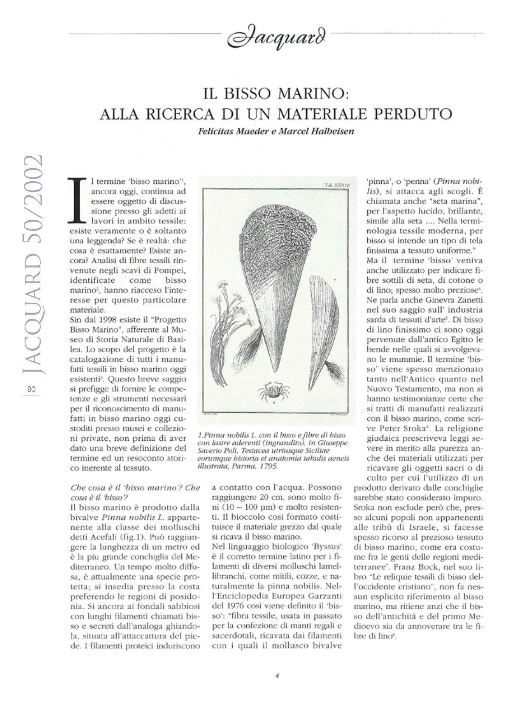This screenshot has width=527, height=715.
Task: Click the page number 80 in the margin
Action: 31,389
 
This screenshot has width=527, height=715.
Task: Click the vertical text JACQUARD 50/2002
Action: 33,263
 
